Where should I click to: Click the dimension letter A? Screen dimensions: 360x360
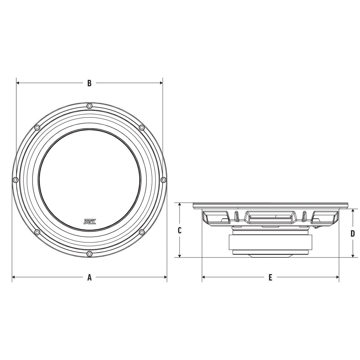(x=89, y=277)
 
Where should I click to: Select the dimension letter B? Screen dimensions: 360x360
(x=89, y=83)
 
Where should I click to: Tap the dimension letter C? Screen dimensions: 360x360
(x=179, y=230)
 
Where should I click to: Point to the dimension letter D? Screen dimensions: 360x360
(x=353, y=233)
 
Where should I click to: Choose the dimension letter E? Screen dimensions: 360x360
(x=270, y=277)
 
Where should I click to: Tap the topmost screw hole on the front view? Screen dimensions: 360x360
(x=89, y=106)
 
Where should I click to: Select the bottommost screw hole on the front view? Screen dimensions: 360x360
(x=89, y=254)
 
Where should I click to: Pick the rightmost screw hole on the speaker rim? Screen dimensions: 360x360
(x=163, y=179)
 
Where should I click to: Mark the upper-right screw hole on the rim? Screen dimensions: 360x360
(x=142, y=128)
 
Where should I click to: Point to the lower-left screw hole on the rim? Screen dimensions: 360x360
(x=37, y=232)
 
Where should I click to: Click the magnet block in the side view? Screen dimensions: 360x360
(x=270, y=242)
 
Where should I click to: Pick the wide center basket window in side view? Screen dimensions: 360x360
(x=270, y=217)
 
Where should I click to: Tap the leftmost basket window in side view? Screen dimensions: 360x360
(x=216, y=217)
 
